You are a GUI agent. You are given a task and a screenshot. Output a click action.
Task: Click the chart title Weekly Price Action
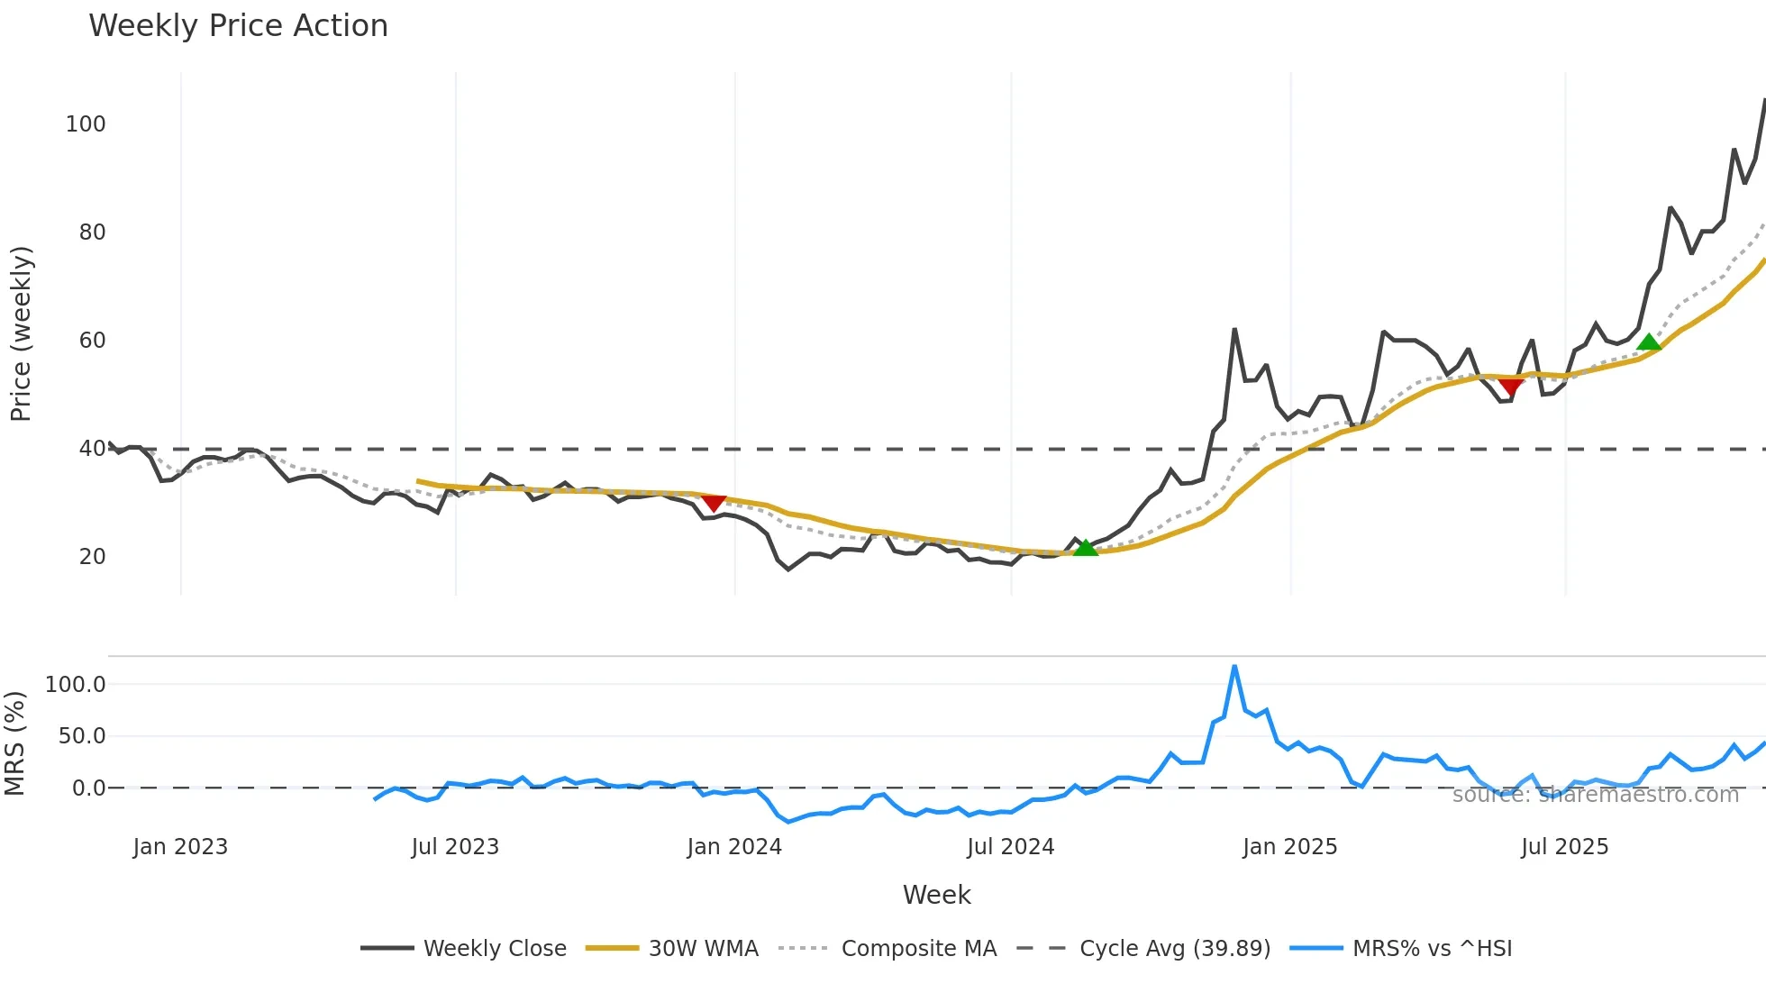pyautogui.click(x=238, y=26)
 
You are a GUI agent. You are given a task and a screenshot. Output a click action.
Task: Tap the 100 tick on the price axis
pyautogui.click(x=86, y=124)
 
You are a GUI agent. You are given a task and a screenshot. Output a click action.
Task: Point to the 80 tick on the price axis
pyautogui.click(x=92, y=232)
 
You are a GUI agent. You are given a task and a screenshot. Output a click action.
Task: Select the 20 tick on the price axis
pyautogui.click(x=92, y=557)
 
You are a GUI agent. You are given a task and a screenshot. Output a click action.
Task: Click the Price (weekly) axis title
pyautogui.click(x=21, y=333)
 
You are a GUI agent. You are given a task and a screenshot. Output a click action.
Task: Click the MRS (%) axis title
pyautogui.click(x=15, y=743)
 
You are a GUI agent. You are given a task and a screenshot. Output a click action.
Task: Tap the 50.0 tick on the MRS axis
pyautogui.click(x=82, y=736)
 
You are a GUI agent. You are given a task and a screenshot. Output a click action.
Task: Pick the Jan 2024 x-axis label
pyautogui.click(x=733, y=847)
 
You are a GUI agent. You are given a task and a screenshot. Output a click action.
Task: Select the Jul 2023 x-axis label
pyautogui.click(x=455, y=847)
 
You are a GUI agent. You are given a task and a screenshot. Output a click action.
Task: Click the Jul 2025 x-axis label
pyautogui.click(x=1564, y=847)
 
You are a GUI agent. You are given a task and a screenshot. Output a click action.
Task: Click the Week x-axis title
pyautogui.click(x=936, y=895)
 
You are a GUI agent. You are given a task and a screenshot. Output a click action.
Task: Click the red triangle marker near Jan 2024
pyautogui.click(x=714, y=503)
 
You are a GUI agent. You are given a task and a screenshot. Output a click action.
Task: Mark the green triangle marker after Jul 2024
pyautogui.click(x=1086, y=548)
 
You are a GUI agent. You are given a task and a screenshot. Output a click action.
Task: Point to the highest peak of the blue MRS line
pyautogui.click(x=1234, y=667)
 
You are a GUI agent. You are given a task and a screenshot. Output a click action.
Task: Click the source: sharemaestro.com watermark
pyautogui.click(x=1595, y=795)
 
